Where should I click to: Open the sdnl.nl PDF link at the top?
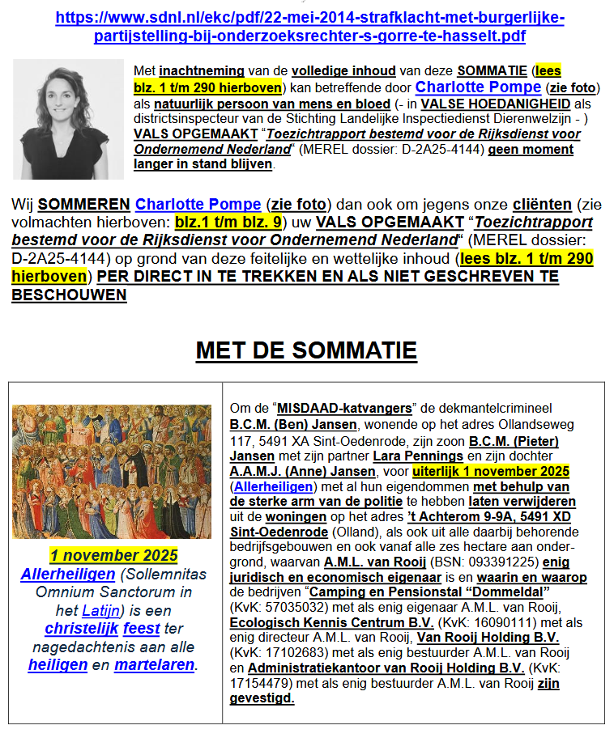(309, 28)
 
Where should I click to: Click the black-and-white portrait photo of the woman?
(68, 118)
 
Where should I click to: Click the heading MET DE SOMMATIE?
(306, 350)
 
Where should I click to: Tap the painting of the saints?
(112, 472)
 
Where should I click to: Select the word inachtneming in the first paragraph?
(202, 71)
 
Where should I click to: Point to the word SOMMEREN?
(84, 205)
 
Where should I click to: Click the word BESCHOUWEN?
(69, 295)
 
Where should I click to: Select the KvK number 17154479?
(263, 684)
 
